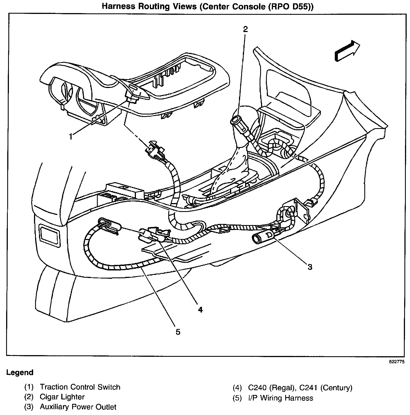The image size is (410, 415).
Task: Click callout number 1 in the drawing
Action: [71, 137]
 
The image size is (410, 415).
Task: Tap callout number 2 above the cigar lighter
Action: [245, 29]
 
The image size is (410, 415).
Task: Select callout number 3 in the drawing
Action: [310, 267]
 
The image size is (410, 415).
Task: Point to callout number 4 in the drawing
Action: [200, 309]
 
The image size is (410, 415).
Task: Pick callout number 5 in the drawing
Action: [178, 332]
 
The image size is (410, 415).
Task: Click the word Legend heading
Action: [20, 373]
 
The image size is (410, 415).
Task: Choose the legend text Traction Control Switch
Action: [80, 387]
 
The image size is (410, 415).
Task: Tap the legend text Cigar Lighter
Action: [62, 397]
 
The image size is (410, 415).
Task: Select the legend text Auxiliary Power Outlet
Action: [78, 407]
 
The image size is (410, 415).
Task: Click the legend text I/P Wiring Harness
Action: [280, 398]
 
